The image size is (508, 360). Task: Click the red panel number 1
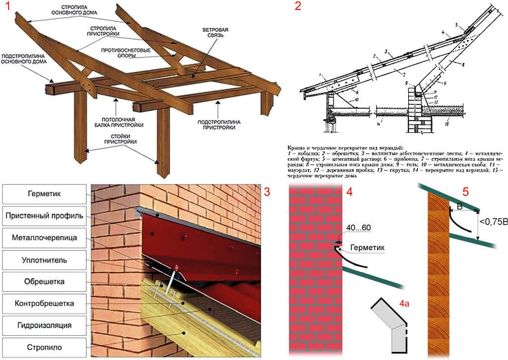[x=9, y=8]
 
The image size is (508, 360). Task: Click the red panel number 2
[x=298, y=7]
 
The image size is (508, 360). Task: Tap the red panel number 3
[x=267, y=192]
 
